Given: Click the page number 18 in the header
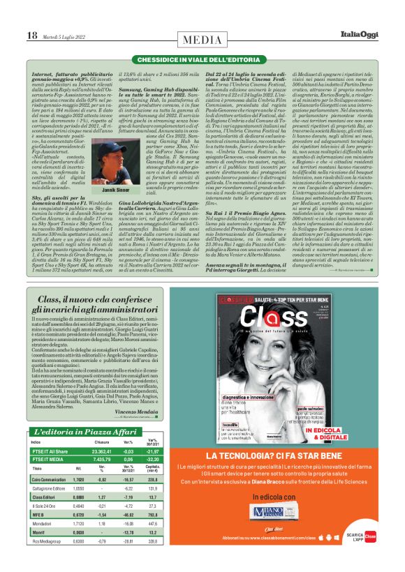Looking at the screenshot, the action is [x=31, y=34].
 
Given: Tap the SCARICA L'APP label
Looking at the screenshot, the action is [x=364, y=555].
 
